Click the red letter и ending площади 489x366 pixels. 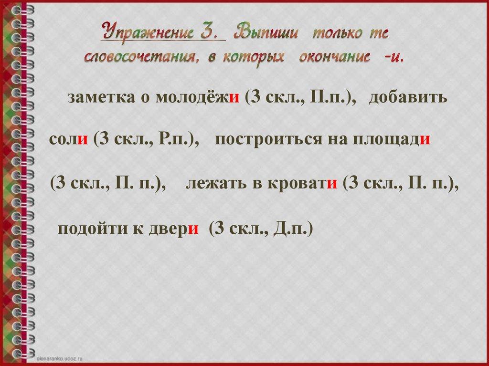click(x=426, y=140)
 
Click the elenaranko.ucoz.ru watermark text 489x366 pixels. click(x=60, y=357)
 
